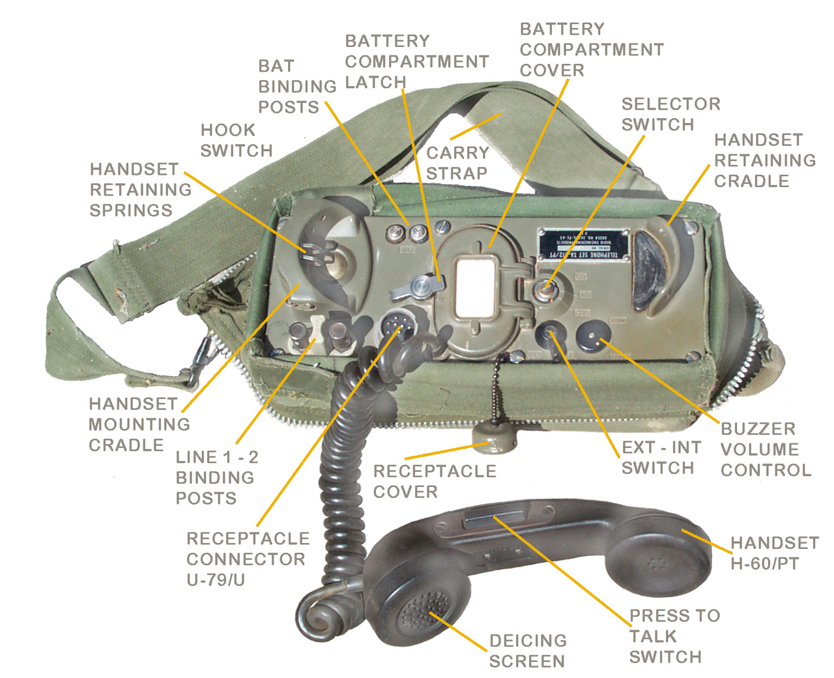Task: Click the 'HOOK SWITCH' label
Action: pos(236,140)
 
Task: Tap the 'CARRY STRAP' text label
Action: pos(457,163)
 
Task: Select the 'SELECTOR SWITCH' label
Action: pos(670,114)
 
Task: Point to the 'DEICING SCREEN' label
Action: pos(528,651)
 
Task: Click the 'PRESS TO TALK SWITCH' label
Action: pos(674,636)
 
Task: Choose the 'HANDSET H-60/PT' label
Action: pos(774,553)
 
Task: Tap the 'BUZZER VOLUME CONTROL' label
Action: pos(766,449)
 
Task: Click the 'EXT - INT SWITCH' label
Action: pos(661,458)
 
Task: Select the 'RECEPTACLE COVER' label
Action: pos(435,481)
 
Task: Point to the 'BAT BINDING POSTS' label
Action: pos(297,86)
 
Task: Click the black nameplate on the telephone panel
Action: pos(583,245)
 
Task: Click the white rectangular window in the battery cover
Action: pos(476,286)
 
